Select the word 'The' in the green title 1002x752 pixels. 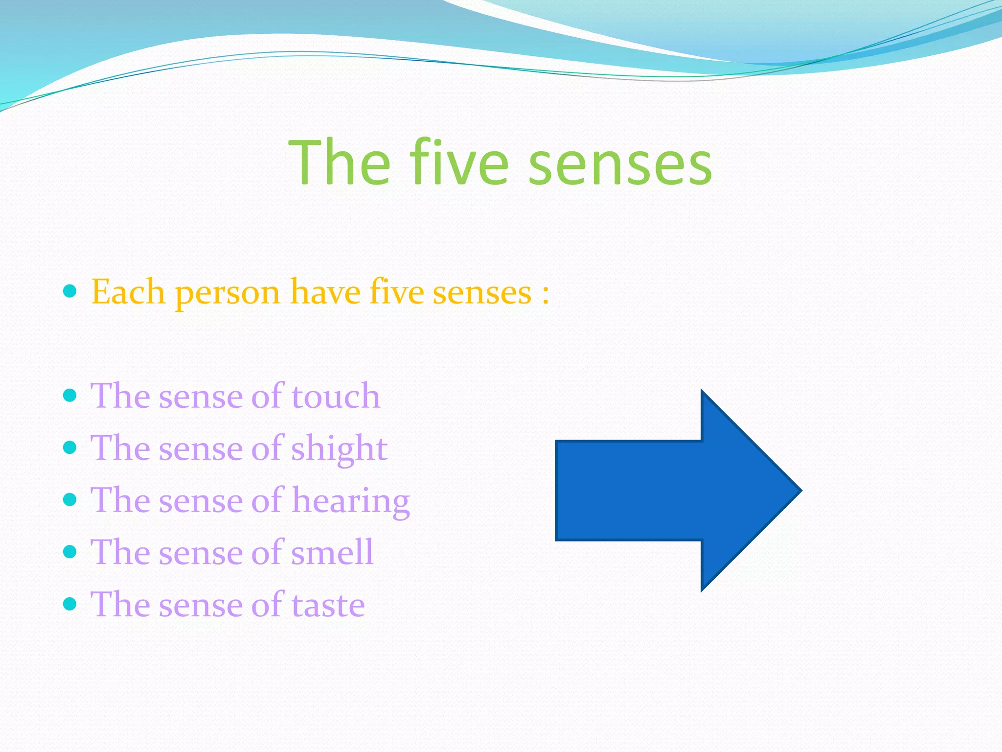(340, 162)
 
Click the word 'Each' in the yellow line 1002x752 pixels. (128, 292)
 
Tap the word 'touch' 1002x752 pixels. (336, 396)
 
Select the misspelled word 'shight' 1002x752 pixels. (339, 449)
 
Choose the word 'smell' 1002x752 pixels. (332, 553)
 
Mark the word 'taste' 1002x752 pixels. (328, 605)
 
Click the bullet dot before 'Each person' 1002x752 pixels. (70, 292)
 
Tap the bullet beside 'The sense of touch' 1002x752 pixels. (70, 396)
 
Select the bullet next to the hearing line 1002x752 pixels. (70, 499)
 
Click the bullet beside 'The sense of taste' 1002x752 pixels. (70, 604)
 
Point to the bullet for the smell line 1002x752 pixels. (70, 552)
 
